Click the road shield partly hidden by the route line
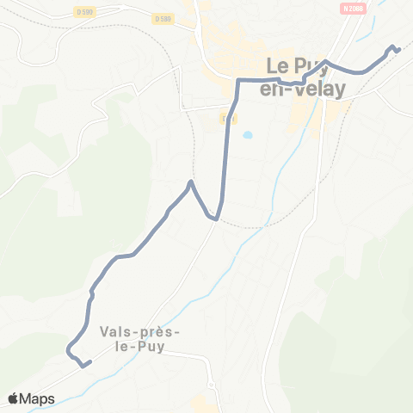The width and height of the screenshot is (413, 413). pos(229,118)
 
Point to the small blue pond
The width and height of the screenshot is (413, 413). pos(248,135)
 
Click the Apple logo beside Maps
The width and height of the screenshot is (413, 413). pos(14,398)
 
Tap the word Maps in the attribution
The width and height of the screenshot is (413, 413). pos(37,398)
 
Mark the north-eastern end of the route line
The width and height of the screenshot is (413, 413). pos(398,50)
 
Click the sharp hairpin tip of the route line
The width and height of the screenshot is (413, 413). pos(190,182)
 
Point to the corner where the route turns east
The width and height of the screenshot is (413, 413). pos(238,80)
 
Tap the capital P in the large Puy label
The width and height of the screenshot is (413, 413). pos(312,65)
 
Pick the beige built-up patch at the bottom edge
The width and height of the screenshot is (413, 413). pos(204,405)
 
